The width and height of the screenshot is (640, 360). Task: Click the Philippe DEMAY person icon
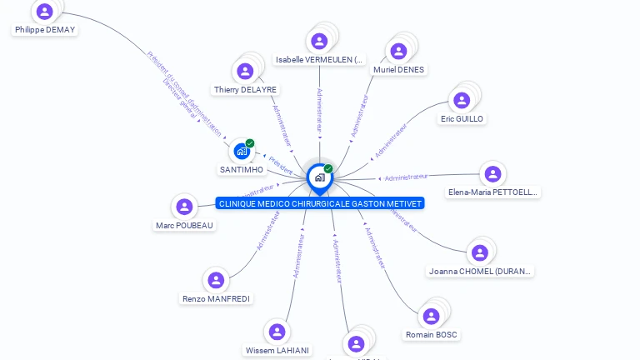point(45,12)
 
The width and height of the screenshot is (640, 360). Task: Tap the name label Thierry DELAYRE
point(245,90)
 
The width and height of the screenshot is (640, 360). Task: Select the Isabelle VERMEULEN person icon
point(319,41)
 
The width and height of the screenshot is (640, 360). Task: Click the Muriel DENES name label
point(398,70)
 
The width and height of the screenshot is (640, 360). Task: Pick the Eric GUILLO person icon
point(462,100)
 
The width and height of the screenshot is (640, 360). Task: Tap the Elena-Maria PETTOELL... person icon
point(492,173)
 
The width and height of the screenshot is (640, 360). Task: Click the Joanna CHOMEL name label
point(481,271)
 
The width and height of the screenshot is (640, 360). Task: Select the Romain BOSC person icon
point(431,317)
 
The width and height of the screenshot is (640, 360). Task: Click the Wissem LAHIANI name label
point(278,351)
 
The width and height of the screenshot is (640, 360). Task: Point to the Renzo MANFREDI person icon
point(216,280)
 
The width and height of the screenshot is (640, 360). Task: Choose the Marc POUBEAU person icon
point(185,207)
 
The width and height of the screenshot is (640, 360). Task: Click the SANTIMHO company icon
point(242,151)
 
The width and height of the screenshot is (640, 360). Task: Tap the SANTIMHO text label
point(242,170)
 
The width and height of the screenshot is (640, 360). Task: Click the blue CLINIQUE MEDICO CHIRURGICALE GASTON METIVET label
point(320,203)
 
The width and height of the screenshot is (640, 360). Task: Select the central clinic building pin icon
point(319,177)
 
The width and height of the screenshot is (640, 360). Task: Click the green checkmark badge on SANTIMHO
point(250,143)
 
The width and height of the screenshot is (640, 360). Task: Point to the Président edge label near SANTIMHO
point(281,165)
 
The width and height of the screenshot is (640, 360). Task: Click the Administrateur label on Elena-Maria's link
point(406,177)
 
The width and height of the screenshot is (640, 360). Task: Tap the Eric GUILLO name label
point(462,119)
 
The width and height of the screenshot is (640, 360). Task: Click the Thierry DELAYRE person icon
point(245,71)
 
